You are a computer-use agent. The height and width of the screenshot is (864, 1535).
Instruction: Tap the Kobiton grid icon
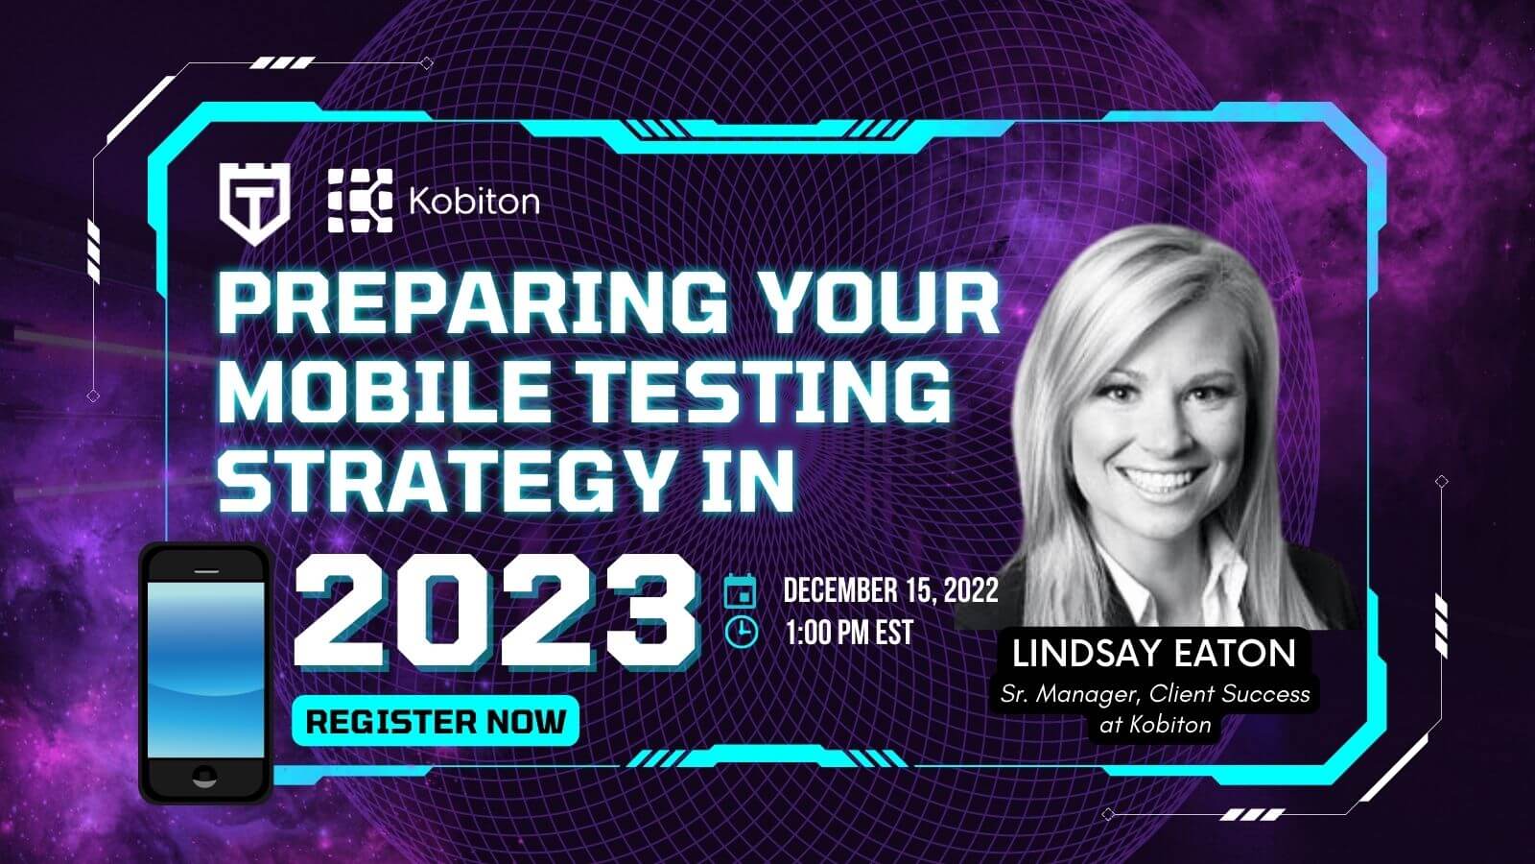(360, 201)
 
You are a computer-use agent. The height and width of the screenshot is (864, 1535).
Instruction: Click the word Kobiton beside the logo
(474, 202)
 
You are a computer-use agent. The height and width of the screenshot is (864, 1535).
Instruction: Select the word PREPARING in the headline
(471, 303)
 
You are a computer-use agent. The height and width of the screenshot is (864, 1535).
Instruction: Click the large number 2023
(496, 612)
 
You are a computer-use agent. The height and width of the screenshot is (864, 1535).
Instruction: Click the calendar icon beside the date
(741, 590)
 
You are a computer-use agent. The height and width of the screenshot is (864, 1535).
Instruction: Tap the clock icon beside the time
(741, 631)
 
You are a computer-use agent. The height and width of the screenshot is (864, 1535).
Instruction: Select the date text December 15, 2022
(890, 590)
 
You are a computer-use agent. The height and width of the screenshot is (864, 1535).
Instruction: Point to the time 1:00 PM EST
(850, 633)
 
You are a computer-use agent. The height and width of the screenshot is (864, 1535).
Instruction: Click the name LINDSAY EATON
(1154, 653)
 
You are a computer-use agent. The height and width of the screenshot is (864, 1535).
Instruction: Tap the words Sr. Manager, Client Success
(1155, 695)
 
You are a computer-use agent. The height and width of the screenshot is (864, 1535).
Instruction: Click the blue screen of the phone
(205, 670)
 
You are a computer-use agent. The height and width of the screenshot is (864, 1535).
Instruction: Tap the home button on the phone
(205, 776)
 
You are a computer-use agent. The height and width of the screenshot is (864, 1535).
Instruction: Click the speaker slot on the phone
(206, 570)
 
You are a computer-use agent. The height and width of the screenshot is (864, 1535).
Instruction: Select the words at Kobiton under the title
(1155, 725)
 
